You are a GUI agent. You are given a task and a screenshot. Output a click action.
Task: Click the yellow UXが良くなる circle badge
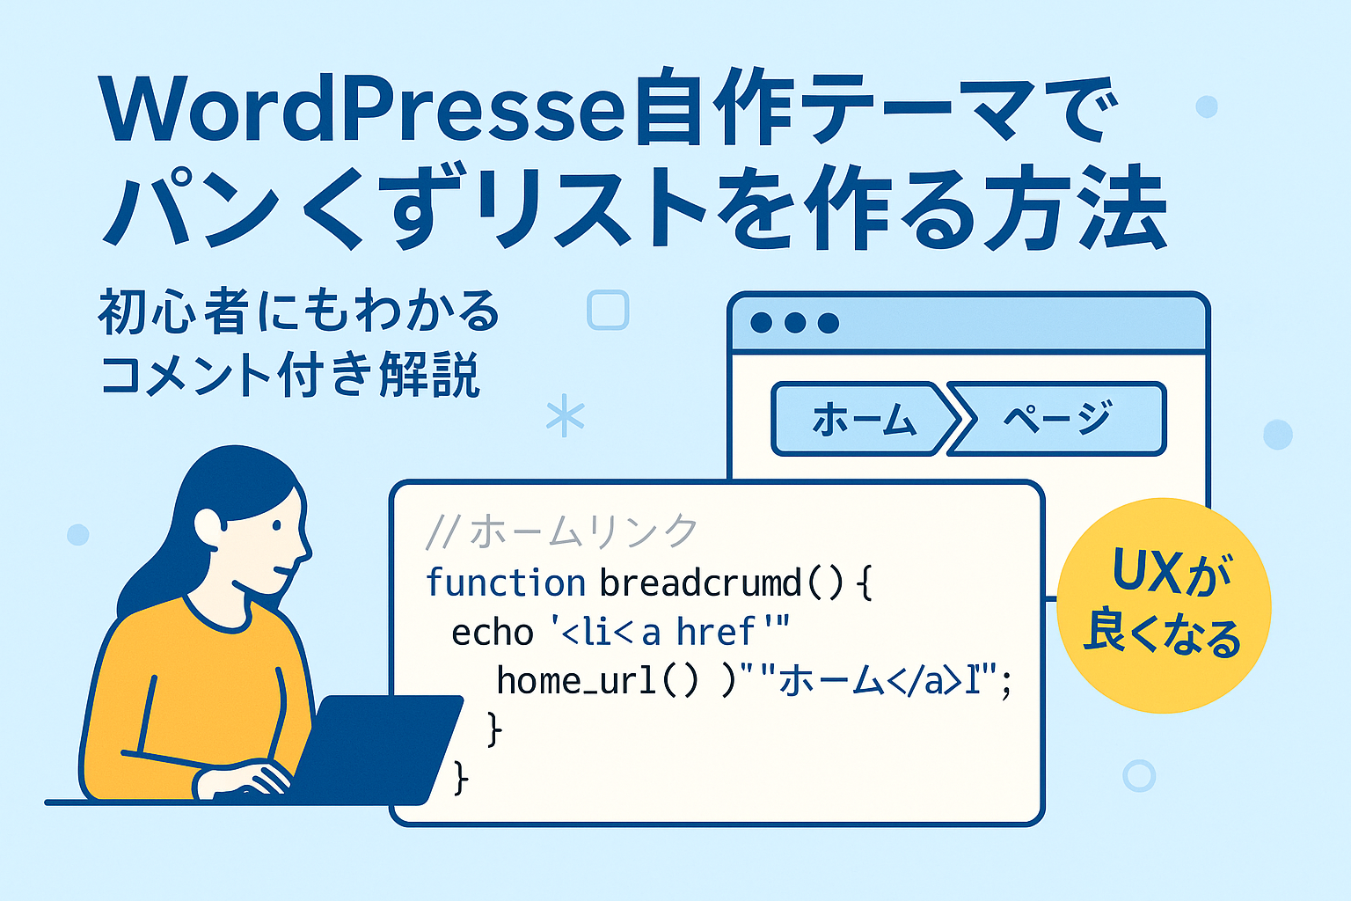click(x=1164, y=605)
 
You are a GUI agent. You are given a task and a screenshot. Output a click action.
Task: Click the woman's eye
click(x=277, y=525)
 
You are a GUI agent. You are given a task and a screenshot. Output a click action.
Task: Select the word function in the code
click(x=506, y=582)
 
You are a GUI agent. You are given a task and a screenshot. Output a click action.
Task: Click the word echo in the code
click(x=493, y=633)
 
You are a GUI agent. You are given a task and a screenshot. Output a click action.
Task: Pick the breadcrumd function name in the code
click(x=699, y=582)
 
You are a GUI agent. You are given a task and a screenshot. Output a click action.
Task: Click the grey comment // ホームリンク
click(x=561, y=531)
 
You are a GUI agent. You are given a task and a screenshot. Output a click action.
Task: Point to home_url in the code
click(x=576, y=681)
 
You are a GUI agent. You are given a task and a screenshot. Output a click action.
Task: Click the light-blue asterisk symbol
click(x=566, y=415)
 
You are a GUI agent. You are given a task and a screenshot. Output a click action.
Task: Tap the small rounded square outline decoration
click(x=608, y=311)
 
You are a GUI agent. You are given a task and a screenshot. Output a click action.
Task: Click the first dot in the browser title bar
click(x=761, y=323)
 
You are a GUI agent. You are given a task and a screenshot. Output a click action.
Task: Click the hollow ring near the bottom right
click(x=1139, y=775)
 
